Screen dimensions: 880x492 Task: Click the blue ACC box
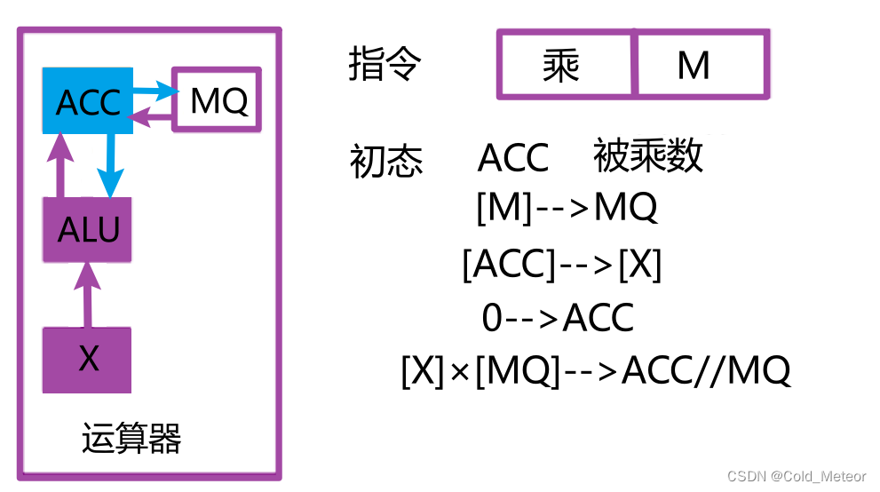pos(87,102)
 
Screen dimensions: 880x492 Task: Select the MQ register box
pos(218,100)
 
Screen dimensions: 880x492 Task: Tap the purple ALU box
pos(87,230)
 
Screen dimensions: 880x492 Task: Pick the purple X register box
pos(87,359)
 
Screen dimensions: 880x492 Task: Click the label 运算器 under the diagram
pos(131,438)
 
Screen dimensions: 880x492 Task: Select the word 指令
pos(385,66)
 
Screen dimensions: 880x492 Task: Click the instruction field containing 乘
pos(566,65)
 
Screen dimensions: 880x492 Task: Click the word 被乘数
pos(647,156)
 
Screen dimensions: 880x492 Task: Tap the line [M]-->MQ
pos(566,208)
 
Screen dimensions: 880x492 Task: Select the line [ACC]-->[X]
pos(562,264)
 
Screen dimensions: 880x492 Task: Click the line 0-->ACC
pos(558,317)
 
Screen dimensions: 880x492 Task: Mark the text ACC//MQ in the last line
pos(705,371)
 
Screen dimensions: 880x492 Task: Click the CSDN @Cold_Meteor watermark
pos(796,477)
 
